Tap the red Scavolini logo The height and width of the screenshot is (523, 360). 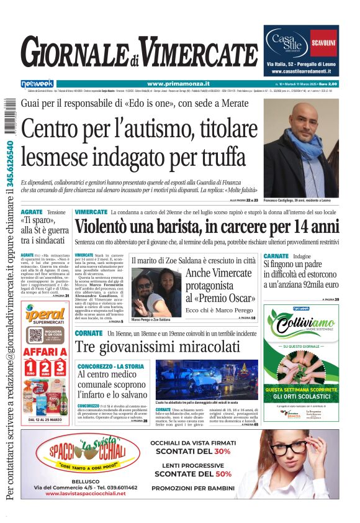(x=323, y=43)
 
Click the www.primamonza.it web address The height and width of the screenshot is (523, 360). (x=178, y=84)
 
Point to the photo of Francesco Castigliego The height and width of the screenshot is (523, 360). (x=300, y=148)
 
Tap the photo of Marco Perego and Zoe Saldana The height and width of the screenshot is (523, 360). (x=156, y=292)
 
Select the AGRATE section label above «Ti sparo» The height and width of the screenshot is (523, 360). (x=32, y=212)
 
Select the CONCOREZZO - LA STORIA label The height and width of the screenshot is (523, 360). (x=110, y=366)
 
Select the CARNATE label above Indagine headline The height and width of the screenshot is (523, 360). (x=276, y=256)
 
